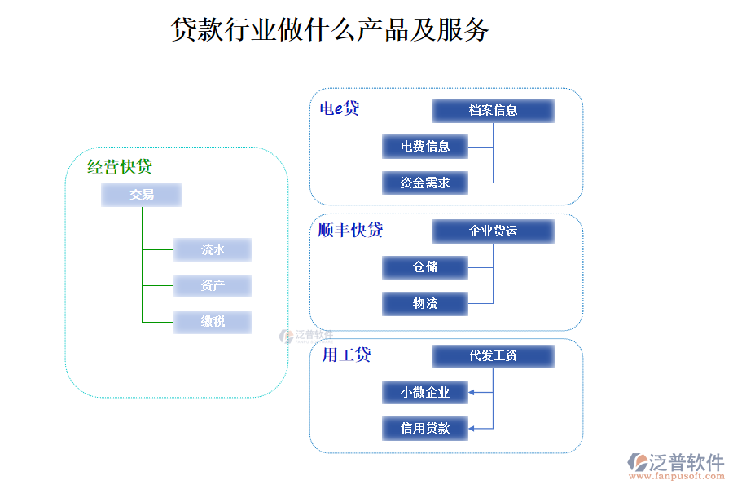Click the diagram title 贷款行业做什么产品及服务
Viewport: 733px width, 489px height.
(x=330, y=30)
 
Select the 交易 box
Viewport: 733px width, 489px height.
(x=142, y=195)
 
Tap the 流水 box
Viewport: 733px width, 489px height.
(x=213, y=249)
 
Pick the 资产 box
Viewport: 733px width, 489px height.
(x=213, y=286)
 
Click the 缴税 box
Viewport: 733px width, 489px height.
(x=213, y=322)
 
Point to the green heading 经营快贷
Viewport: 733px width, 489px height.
(x=120, y=167)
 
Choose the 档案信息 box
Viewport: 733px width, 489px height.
(x=493, y=110)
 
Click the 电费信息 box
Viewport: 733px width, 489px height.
(x=425, y=147)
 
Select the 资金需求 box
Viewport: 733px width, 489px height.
(x=425, y=183)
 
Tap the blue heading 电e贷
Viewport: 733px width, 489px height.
(x=339, y=108)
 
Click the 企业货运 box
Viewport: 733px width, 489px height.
(x=493, y=231)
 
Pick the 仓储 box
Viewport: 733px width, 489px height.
(x=425, y=267)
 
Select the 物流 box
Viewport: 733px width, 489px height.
(x=425, y=304)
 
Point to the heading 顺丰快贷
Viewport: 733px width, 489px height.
(x=350, y=231)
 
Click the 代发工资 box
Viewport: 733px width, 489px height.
(x=493, y=356)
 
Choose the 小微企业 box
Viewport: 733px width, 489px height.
(x=425, y=392)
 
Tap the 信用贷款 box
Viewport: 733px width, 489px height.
(x=425, y=428)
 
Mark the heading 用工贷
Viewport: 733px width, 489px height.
(x=346, y=355)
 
